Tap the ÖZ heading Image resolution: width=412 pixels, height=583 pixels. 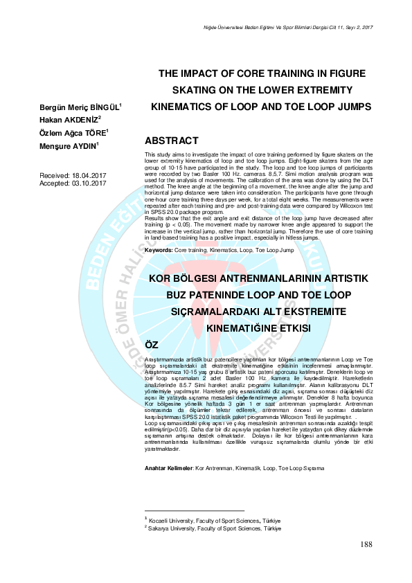pyautogui.click(x=151, y=345)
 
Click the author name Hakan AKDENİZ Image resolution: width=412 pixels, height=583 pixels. pyautogui.click(x=71, y=119)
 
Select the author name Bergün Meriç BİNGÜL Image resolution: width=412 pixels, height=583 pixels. pyautogui.click(x=80, y=106)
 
